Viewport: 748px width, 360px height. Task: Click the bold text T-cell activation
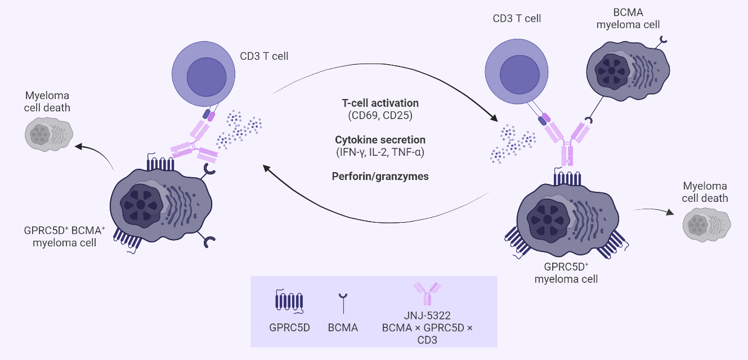[380, 103]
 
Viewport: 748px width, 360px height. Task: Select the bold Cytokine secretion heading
[380, 139]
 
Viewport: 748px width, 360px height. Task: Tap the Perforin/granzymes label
[380, 176]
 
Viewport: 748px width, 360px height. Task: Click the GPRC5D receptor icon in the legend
[289, 301]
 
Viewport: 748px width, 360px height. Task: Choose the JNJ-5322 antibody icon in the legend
[426, 295]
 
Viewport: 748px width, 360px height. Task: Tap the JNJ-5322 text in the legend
[427, 316]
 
